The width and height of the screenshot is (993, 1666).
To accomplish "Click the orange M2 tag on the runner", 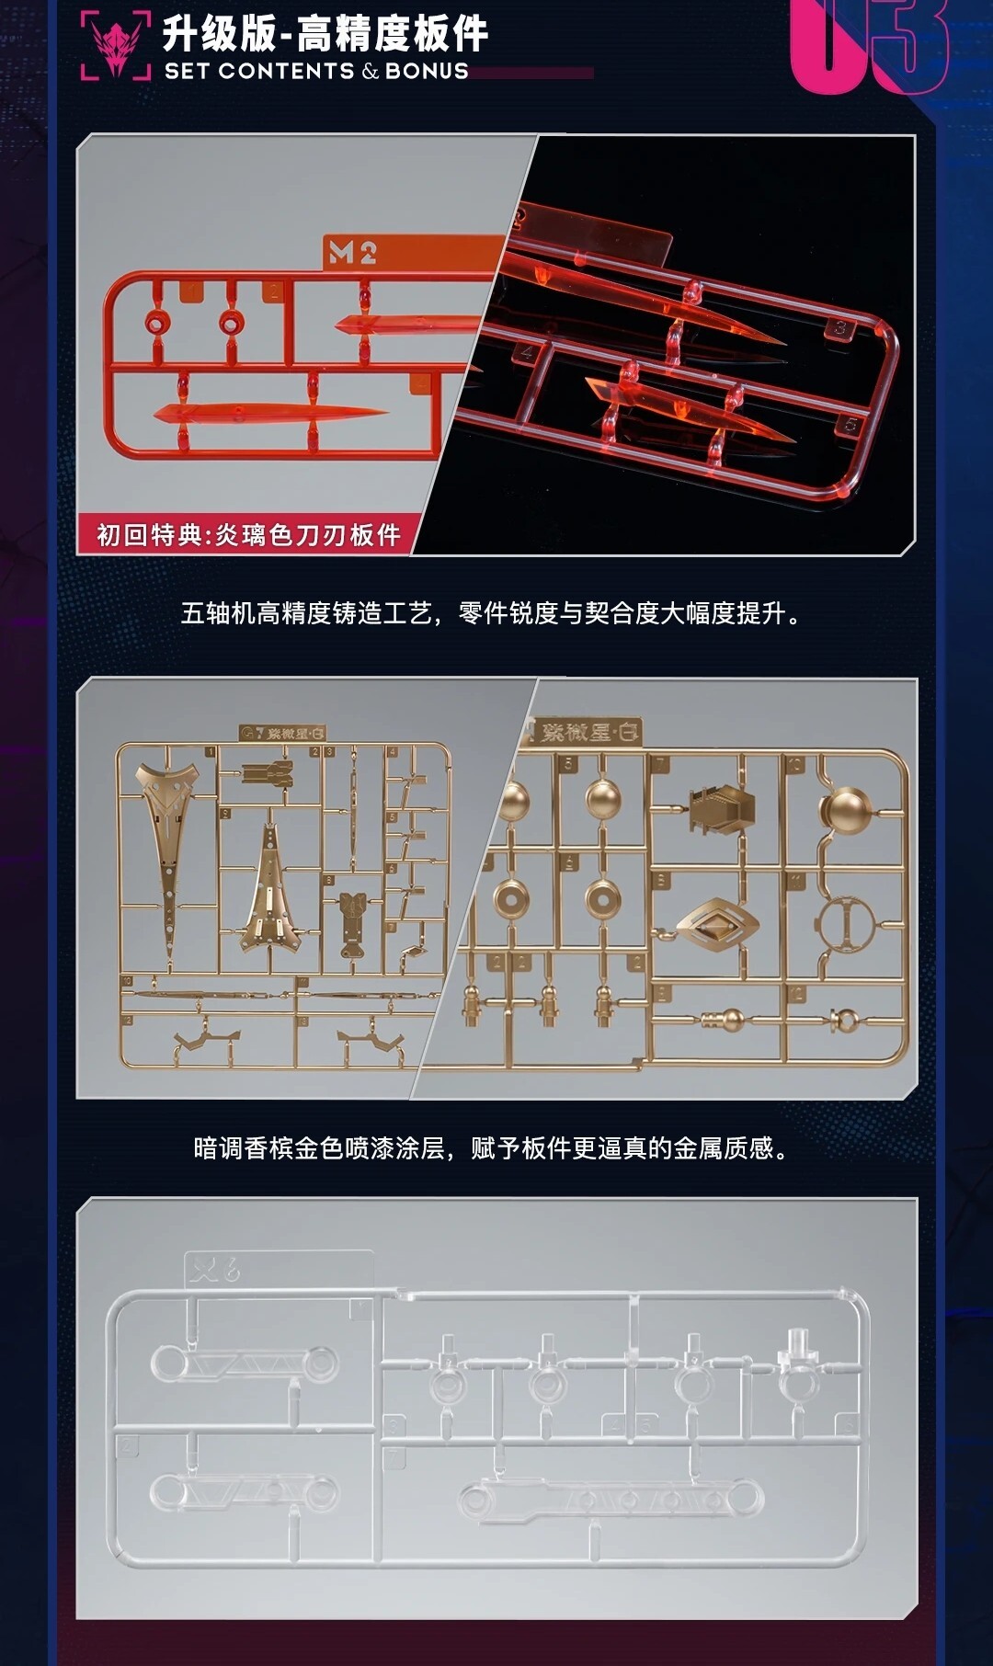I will tap(352, 253).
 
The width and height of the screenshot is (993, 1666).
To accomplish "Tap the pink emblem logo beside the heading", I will tap(116, 46).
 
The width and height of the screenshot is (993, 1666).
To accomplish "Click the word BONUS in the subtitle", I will tap(427, 71).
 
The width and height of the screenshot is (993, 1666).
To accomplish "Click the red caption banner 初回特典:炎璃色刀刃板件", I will tap(248, 534).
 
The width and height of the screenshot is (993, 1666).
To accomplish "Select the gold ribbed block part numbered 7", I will tap(721, 807).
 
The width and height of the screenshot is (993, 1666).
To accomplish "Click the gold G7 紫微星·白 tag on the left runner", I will tap(283, 733).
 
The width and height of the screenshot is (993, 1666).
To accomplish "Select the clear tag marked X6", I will tap(214, 1270).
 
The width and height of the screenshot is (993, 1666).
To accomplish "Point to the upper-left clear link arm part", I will tap(245, 1363).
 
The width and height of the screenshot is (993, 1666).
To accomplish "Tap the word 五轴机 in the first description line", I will tap(217, 613).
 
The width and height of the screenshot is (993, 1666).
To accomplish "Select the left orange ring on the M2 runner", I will tap(158, 323).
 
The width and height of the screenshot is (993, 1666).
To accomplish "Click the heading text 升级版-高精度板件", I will tap(325, 34).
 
